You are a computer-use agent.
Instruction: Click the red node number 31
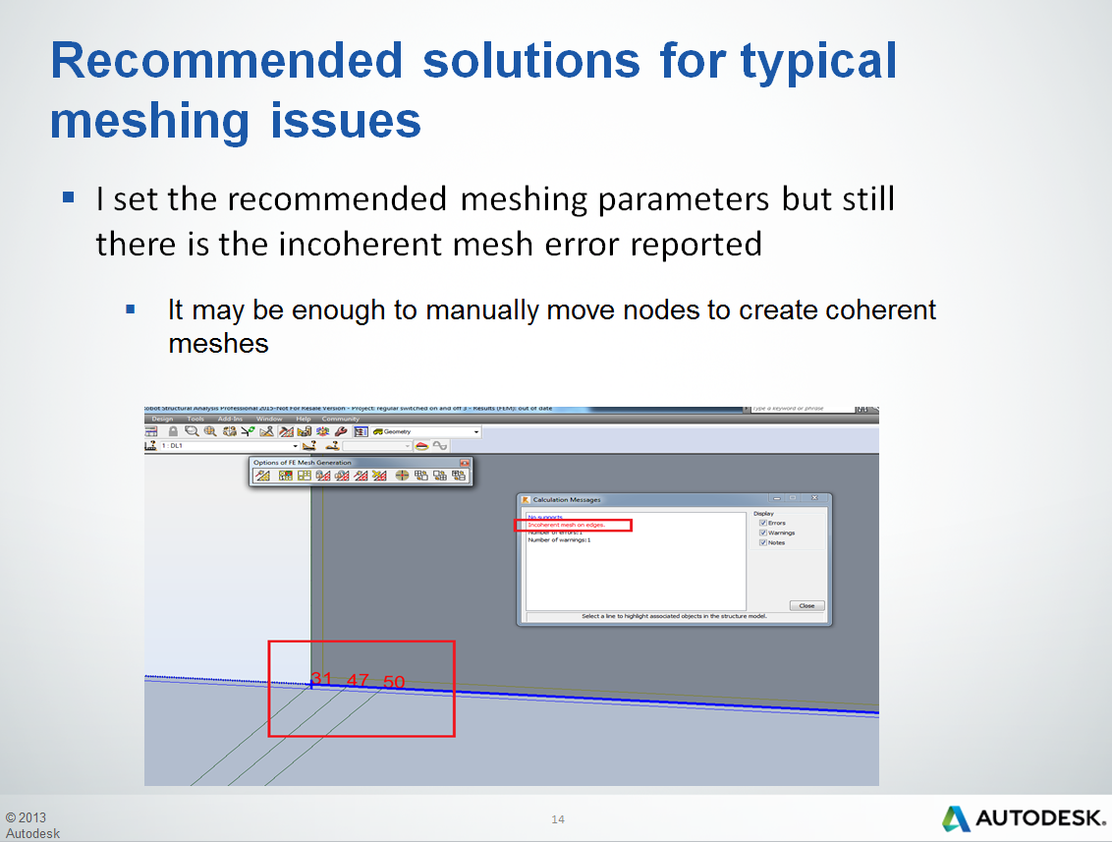pyautogui.click(x=321, y=679)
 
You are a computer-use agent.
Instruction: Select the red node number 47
pyautogui.click(x=358, y=680)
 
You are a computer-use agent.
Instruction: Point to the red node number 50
pyautogui.click(x=394, y=682)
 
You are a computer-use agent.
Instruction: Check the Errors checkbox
pyautogui.click(x=763, y=523)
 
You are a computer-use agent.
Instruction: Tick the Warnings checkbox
pyautogui.click(x=763, y=533)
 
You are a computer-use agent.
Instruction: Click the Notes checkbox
pyautogui.click(x=763, y=542)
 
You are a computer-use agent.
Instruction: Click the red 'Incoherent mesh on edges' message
pyautogui.click(x=567, y=526)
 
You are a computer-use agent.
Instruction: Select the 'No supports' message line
pyautogui.click(x=545, y=517)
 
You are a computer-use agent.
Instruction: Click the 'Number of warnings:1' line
pyautogui.click(x=559, y=539)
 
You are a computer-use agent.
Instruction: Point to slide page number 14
pyautogui.click(x=558, y=819)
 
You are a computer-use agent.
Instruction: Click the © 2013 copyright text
pyautogui.click(x=26, y=817)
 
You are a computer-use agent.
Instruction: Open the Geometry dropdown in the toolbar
pyautogui.click(x=476, y=431)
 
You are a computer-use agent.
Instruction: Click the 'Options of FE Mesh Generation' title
pyautogui.click(x=302, y=463)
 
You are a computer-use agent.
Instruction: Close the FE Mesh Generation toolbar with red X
pyautogui.click(x=465, y=463)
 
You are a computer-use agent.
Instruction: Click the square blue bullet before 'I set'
pyautogui.click(x=69, y=197)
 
